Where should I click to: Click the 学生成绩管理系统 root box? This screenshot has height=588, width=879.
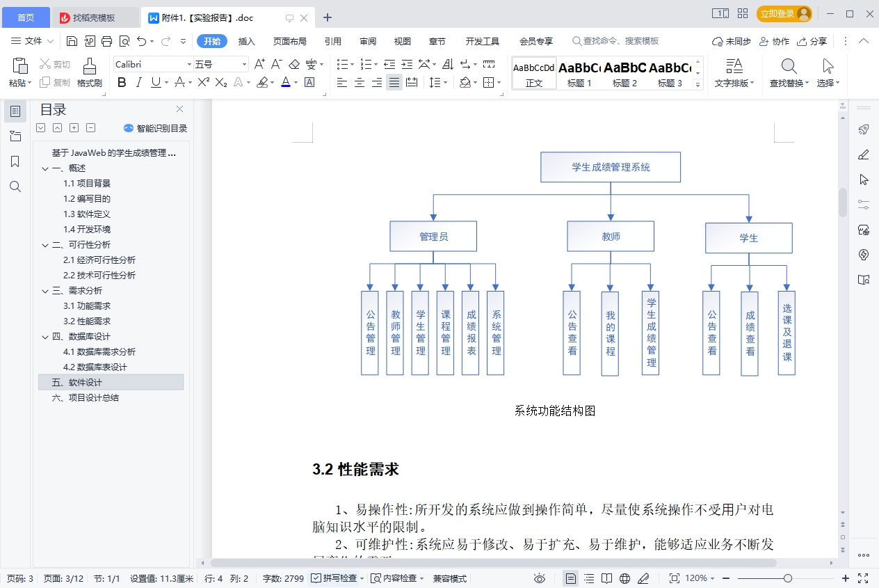611,167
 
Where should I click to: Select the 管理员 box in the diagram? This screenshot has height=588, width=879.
433,237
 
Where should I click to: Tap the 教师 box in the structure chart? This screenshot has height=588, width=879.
611,237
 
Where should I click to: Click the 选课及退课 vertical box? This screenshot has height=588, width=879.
787,333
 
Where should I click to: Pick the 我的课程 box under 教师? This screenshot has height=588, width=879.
610,333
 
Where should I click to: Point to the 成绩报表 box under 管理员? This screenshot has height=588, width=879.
471,333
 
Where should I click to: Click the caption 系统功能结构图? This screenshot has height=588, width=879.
555,411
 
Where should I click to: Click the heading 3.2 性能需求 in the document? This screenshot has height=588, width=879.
356,470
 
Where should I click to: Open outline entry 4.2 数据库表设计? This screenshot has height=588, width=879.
95,367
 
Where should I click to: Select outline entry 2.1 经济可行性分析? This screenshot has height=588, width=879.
99,260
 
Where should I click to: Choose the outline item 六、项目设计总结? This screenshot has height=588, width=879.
86,397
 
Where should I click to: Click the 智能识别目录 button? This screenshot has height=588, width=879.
155,128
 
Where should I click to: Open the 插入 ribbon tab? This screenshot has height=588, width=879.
247,41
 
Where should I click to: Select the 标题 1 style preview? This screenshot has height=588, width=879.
579,73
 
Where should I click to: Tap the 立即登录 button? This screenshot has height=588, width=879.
784,13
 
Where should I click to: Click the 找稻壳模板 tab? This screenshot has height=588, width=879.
94,17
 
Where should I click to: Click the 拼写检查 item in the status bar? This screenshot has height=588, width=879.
337,578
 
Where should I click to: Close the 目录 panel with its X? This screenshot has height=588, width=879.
179,109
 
